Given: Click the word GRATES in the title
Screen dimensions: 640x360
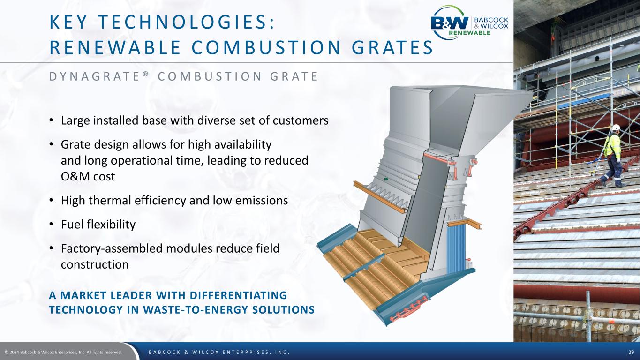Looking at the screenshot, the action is [x=392, y=47].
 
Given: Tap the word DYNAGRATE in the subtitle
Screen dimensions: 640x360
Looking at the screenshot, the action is [x=94, y=76].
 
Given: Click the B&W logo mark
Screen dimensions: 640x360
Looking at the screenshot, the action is [x=450, y=23].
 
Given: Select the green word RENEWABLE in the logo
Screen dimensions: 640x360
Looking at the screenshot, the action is [x=469, y=33].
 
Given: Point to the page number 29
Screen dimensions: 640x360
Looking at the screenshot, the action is [x=631, y=352].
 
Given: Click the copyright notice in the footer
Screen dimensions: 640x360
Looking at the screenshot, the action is [x=63, y=352].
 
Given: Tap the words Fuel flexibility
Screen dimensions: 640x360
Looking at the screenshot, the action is [x=98, y=225].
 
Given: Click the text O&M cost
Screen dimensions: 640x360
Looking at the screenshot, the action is [x=88, y=176].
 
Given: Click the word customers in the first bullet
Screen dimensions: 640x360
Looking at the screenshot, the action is [x=301, y=120].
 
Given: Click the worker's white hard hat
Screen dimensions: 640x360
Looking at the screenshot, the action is [x=616, y=127].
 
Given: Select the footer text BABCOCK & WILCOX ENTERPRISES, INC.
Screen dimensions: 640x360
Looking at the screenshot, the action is [x=219, y=352].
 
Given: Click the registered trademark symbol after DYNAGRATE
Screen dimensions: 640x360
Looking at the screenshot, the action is [x=146, y=74].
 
